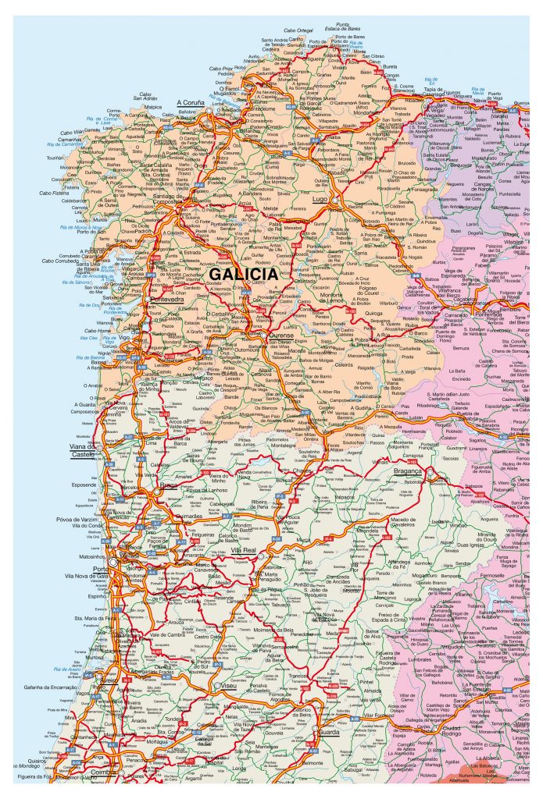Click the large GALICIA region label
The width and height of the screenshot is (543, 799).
pos(244,275)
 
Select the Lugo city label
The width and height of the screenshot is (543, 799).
pos(320,200)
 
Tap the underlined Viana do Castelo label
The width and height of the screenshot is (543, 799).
pos(84,450)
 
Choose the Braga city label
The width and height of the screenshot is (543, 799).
pos(169,485)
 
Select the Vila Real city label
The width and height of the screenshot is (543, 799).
pos(244,551)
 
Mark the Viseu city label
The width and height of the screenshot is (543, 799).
pos(229,685)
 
